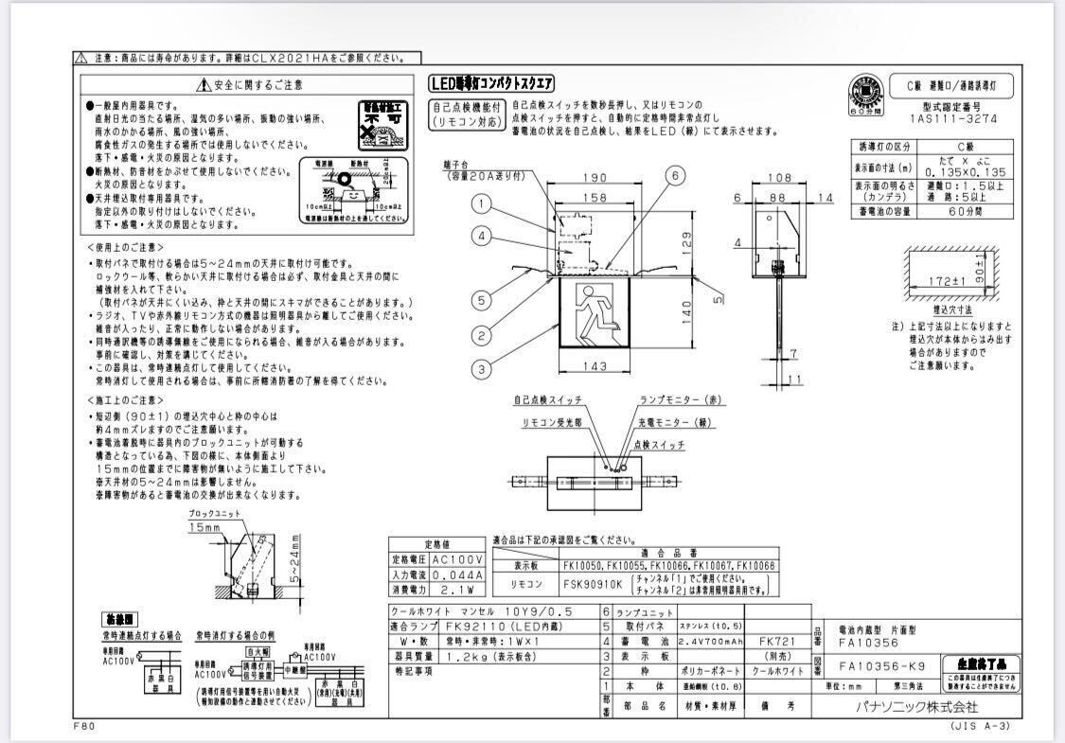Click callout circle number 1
pyautogui.click(x=483, y=203)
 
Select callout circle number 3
pyautogui.click(x=483, y=369)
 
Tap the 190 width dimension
pyautogui.click(x=595, y=178)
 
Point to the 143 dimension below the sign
pyautogui.click(x=595, y=365)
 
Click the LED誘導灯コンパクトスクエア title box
pyautogui.click(x=491, y=83)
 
